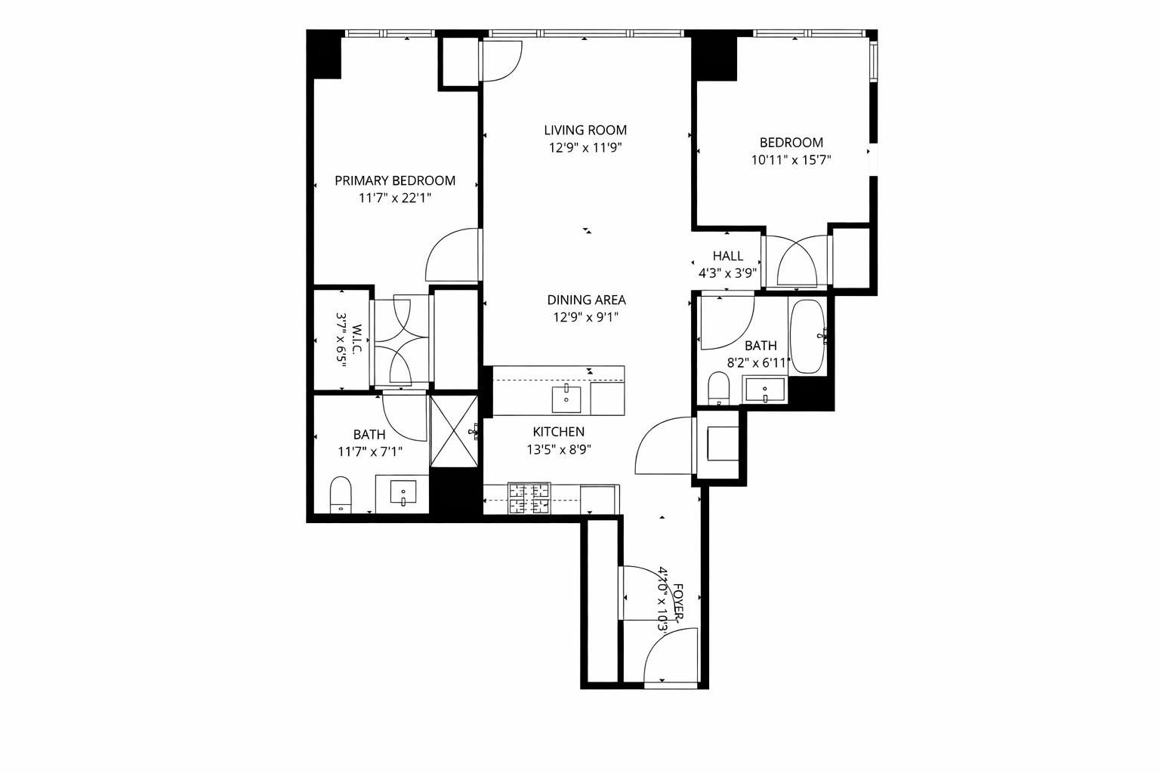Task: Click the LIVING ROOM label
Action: [x=585, y=130]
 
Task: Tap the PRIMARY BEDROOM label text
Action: [x=395, y=180]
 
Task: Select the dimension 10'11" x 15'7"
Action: [x=791, y=160]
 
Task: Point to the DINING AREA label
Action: [x=586, y=300]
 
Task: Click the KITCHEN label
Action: [x=558, y=432]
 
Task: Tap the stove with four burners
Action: [x=529, y=499]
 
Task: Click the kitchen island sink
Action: [x=566, y=398]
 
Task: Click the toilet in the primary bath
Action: [x=341, y=494]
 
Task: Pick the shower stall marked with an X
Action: [x=453, y=432]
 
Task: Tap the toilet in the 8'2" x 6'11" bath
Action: [x=718, y=389]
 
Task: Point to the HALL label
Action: [x=727, y=256]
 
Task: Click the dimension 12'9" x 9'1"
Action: [x=586, y=318]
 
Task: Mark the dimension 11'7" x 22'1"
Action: [x=395, y=199]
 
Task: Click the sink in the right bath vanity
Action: [x=765, y=391]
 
